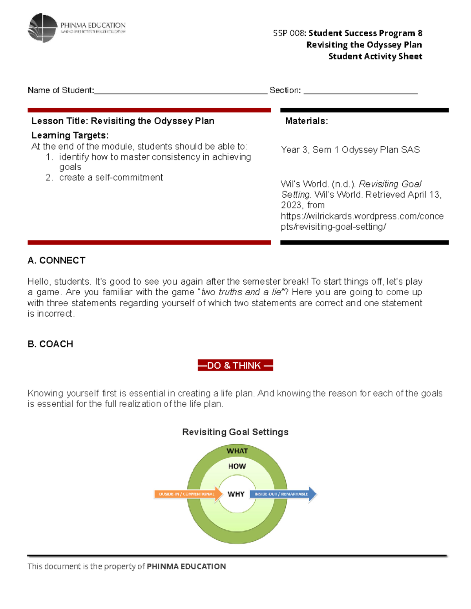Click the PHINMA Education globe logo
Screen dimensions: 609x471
pos(43,28)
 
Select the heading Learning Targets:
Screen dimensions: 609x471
pos(70,135)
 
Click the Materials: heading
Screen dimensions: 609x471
pos(306,121)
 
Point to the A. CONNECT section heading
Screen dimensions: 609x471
pos(57,260)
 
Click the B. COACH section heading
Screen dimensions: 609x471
pos(50,344)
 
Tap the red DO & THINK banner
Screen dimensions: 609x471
pos(235,365)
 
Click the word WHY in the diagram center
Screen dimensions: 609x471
pos(236,494)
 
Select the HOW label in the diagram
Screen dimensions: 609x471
pos(237,466)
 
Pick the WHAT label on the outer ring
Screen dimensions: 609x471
pos(237,451)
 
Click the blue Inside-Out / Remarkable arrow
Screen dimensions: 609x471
pos(283,494)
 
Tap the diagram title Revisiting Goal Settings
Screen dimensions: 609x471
pos(235,432)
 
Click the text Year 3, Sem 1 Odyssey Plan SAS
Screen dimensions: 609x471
pos(350,150)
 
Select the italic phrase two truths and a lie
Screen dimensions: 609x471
pos(242,292)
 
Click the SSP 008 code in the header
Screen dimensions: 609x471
pos(290,33)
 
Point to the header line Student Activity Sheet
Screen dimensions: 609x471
pos(375,56)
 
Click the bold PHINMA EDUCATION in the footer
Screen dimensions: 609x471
pos(186,566)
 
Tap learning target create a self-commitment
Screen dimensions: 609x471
pos(111,178)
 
